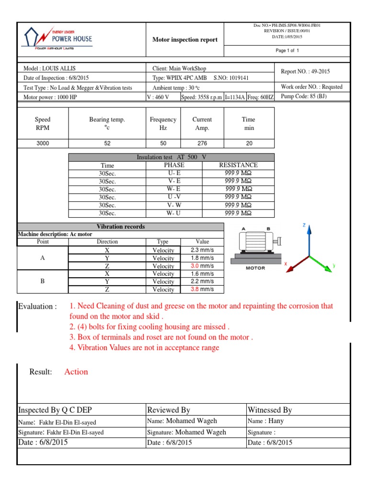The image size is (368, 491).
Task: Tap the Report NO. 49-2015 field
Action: (x=305, y=72)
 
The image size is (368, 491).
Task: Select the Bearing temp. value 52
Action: (x=107, y=143)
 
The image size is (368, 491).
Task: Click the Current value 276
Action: (x=202, y=143)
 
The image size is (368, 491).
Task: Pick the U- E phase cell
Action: (x=174, y=173)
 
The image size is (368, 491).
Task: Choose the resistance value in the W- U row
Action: (x=238, y=213)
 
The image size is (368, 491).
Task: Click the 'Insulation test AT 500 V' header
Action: (x=172, y=157)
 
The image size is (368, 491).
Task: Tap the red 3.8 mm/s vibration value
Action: (x=202, y=290)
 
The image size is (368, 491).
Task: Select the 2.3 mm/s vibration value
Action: (x=202, y=250)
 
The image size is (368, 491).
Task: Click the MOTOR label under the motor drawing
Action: (x=255, y=268)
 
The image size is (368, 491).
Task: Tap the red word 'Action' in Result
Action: (x=76, y=372)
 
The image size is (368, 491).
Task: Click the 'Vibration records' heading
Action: (x=121, y=226)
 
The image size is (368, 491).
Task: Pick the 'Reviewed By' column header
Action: (x=169, y=410)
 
